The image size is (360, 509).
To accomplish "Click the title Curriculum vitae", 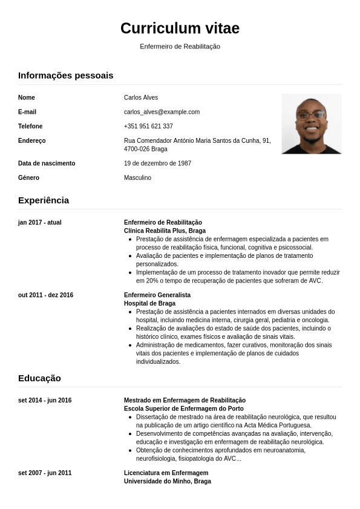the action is (x=180, y=28).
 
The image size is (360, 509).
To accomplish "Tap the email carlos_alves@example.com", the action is (x=162, y=112).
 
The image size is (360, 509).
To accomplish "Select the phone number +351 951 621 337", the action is (x=148, y=126).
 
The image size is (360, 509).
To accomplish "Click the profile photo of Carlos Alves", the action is (x=311, y=123).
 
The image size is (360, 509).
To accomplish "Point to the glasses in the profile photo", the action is (x=310, y=115).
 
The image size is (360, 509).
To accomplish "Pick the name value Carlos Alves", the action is (x=141, y=97).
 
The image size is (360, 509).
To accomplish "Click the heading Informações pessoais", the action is (x=65, y=76).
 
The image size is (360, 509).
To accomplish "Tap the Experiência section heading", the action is (x=44, y=200).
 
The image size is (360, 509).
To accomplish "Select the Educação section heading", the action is (x=39, y=378).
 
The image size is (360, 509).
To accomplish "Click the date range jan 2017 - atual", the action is (x=40, y=223).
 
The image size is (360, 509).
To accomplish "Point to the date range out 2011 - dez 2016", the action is (x=45, y=295).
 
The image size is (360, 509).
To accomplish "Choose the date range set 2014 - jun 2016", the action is (x=45, y=401).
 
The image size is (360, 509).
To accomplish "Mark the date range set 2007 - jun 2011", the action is (x=45, y=473).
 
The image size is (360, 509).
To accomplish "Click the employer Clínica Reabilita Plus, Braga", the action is (x=165, y=231).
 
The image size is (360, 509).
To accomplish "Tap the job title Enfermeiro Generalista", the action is (x=157, y=295).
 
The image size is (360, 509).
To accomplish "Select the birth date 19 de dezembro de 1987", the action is (x=157, y=163).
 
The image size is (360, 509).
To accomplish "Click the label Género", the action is (x=28, y=178).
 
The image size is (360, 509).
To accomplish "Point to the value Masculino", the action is (x=137, y=178).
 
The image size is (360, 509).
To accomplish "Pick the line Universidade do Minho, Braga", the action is (x=168, y=482).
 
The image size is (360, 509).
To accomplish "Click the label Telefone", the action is (x=30, y=126).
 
